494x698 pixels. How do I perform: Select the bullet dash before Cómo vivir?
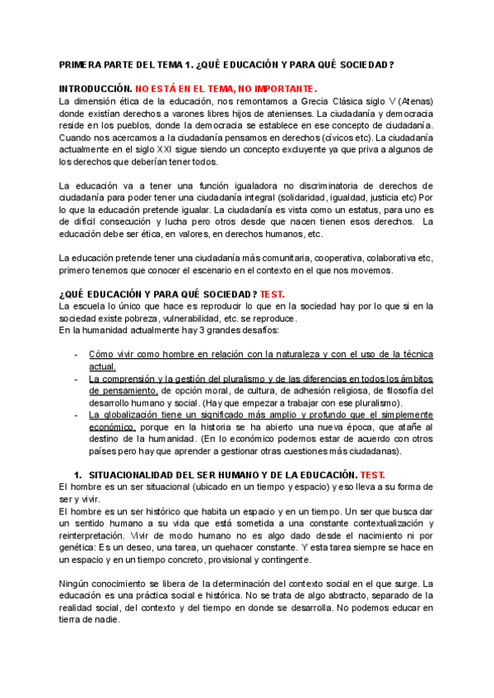[77, 355]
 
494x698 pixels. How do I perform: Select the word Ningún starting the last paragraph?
[77, 584]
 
